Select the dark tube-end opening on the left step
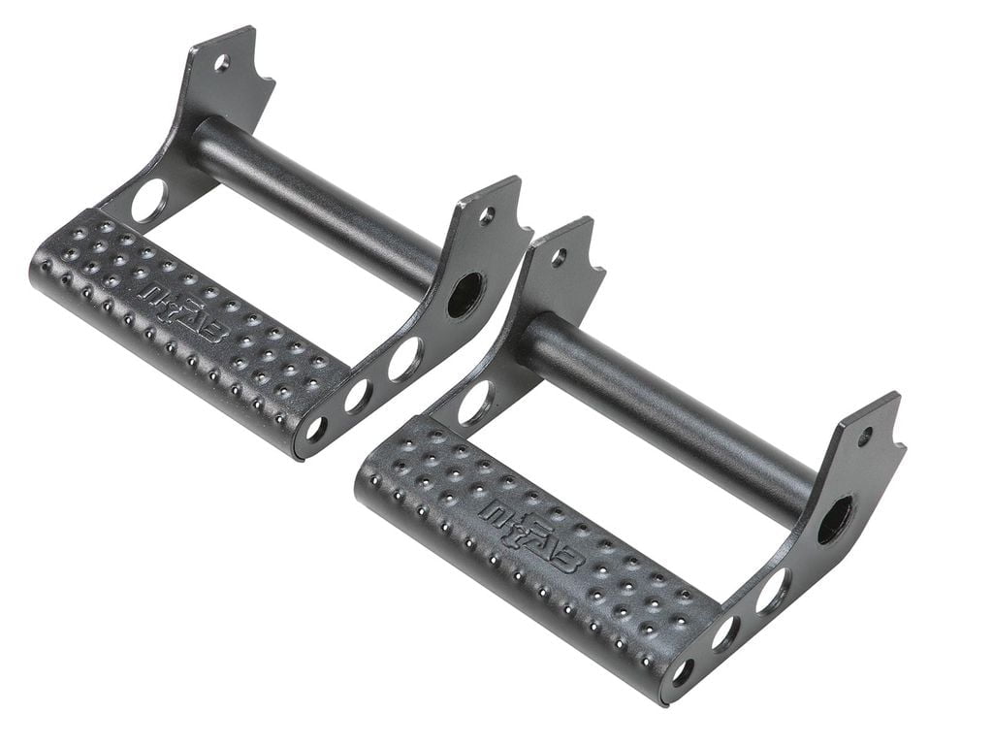tap(464, 294)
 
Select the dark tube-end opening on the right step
tap(835, 519)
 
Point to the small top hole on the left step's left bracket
tap(222, 63)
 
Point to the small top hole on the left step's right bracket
tap(487, 214)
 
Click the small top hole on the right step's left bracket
tap(559, 257)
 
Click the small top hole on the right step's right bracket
tap(864, 436)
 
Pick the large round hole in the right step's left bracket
tap(477, 402)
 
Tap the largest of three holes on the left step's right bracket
tap(404, 359)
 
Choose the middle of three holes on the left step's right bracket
tap(358, 396)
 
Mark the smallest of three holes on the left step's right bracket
tap(316, 429)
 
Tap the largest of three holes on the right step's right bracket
tap(773, 591)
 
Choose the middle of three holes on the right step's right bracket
tap(724, 632)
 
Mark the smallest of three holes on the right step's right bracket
tap(683, 670)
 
